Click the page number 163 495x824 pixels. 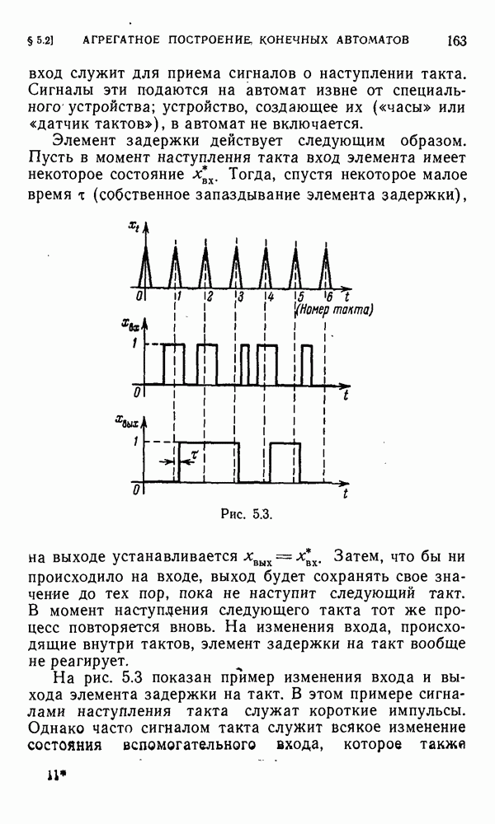(457, 40)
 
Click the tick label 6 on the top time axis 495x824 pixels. (330, 297)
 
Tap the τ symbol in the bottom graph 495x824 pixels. (193, 454)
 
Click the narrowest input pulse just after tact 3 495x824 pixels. (245, 364)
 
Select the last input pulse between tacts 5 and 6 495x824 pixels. (307, 364)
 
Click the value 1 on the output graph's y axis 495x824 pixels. (134, 443)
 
